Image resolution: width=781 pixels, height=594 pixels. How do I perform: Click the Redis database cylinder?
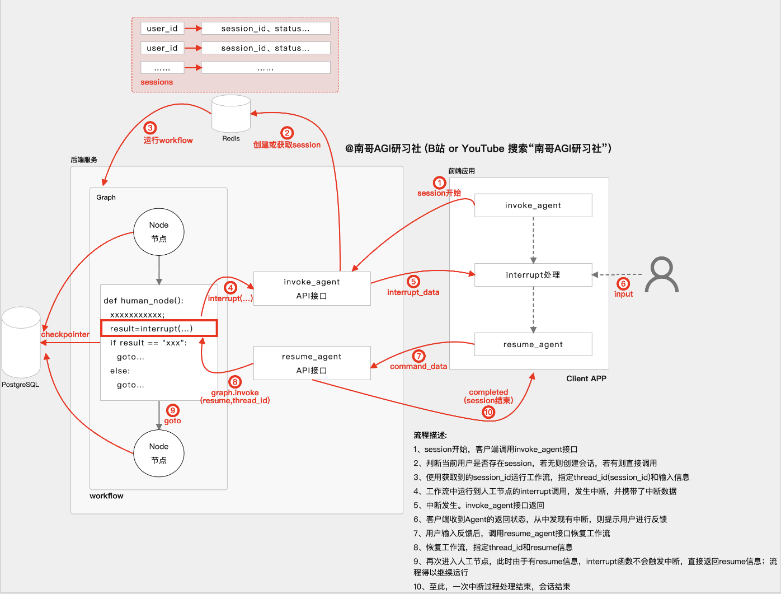click(x=231, y=114)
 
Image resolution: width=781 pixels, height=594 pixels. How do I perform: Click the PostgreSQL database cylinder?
click(x=21, y=342)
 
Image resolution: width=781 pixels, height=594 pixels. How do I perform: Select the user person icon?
click(x=662, y=275)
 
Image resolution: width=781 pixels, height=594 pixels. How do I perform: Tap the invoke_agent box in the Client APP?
click(x=533, y=205)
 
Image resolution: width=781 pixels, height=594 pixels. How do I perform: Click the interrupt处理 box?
click(x=533, y=275)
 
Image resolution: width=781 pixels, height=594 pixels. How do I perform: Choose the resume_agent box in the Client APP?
click(x=533, y=344)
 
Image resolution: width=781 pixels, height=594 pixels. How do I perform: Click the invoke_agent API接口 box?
click(x=312, y=288)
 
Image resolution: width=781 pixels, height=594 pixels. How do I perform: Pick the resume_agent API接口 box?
click(x=312, y=363)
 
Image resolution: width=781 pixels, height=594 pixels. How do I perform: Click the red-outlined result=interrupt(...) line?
click(x=159, y=328)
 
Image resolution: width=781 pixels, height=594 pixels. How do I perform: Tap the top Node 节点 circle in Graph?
click(x=159, y=232)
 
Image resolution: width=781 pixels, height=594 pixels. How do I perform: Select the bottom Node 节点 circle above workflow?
click(x=159, y=453)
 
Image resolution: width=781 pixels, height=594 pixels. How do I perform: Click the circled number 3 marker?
click(x=150, y=128)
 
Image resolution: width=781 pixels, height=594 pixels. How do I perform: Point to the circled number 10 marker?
click(x=488, y=412)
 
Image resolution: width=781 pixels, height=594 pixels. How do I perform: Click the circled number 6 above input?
click(x=623, y=284)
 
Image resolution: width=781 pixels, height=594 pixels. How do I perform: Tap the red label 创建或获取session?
click(x=287, y=145)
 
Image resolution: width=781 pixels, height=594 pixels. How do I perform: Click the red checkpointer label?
click(x=65, y=334)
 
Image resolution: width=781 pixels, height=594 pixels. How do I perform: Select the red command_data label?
click(x=418, y=366)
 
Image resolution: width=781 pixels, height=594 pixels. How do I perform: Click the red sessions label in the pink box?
click(x=157, y=82)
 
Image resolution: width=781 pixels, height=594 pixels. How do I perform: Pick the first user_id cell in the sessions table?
click(x=162, y=29)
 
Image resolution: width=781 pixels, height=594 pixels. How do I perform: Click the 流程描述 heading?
click(x=430, y=435)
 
